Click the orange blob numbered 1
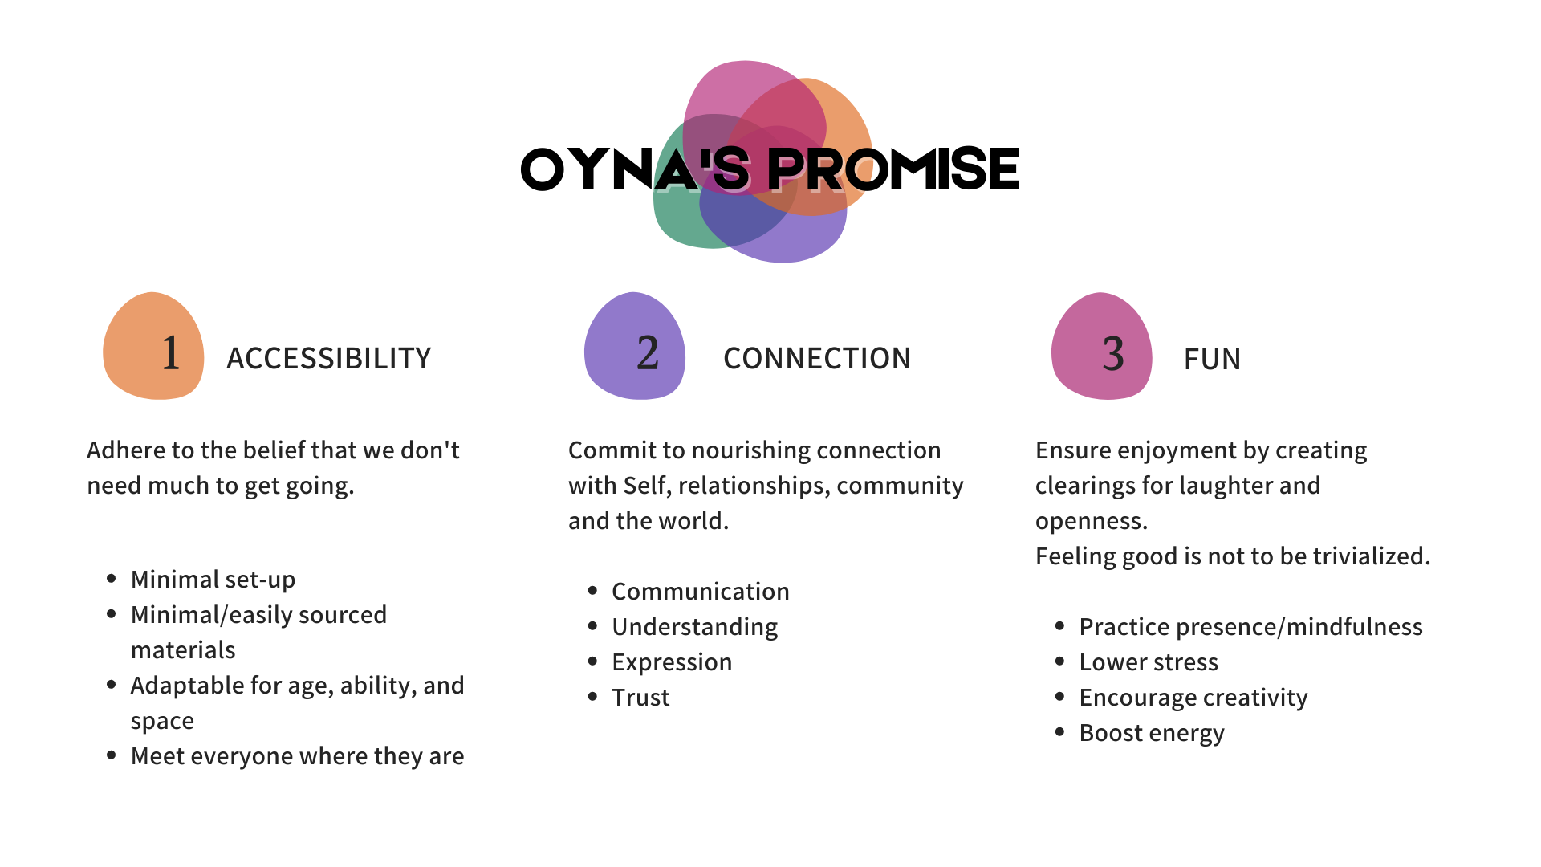(x=153, y=347)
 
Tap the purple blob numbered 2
(x=635, y=347)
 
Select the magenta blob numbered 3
(x=1102, y=347)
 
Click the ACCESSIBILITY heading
(x=328, y=358)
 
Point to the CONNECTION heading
(x=816, y=358)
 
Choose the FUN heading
(x=1212, y=358)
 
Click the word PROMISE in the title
(x=895, y=170)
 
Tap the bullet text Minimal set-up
(x=213, y=580)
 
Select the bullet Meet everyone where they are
(x=297, y=756)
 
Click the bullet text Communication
(x=700, y=592)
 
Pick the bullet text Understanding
(x=694, y=627)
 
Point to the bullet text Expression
(x=671, y=662)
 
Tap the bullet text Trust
(x=640, y=698)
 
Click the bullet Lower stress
(x=1148, y=662)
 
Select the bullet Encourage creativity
(x=1193, y=698)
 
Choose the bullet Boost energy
(x=1151, y=733)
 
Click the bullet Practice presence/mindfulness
(x=1250, y=627)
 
